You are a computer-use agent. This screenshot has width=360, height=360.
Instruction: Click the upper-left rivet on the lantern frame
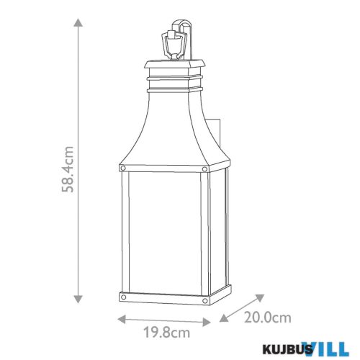[x=124, y=168]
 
